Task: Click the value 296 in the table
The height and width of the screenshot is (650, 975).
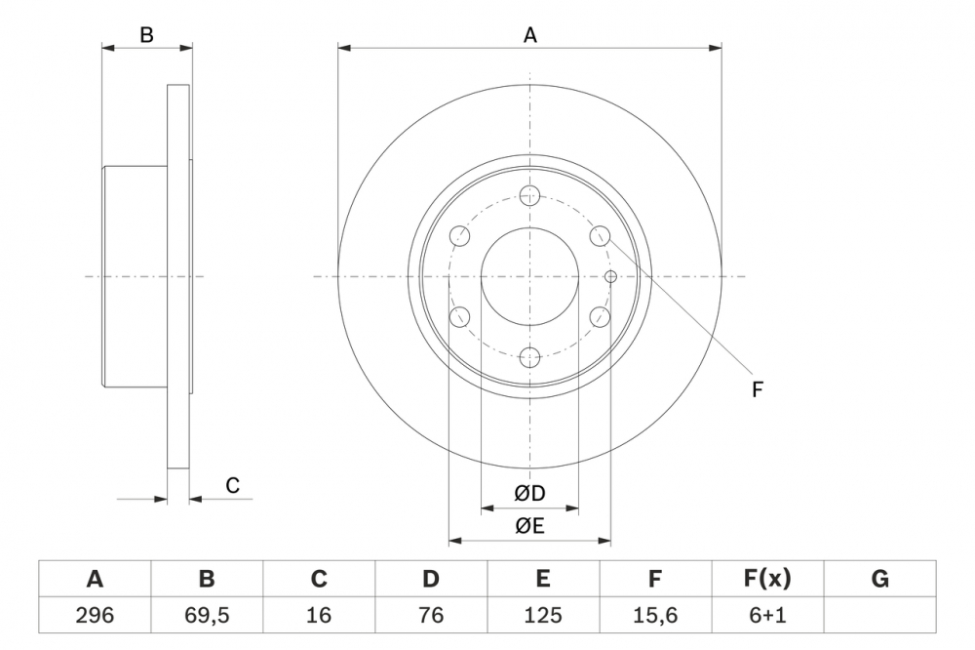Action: pyautogui.click(x=95, y=615)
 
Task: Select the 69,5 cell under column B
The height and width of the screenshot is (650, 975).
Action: pyautogui.click(x=207, y=615)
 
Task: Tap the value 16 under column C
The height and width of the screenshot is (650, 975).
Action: pyautogui.click(x=319, y=615)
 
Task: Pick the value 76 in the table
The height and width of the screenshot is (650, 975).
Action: pyautogui.click(x=431, y=615)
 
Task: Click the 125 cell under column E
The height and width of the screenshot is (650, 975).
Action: pyautogui.click(x=543, y=615)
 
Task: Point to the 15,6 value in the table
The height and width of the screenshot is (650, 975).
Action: pyautogui.click(x=655, y=615)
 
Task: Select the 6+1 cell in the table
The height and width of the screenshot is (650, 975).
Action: pyautogui.click(x=767, y=615)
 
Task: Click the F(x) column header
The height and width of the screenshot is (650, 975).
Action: pyautogui.click(x=767, y=579)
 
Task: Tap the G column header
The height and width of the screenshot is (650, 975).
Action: pyautogui.click(x=879, y=579)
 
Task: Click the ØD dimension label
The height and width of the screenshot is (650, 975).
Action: pyautogui.click(x=529, y=494)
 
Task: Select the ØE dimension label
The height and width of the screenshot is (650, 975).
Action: pyautogui.click(x=529, y=526)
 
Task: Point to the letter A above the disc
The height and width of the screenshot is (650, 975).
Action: pyautogui.click(x=530, y=35)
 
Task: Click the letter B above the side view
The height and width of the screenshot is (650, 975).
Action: pyautogui.click(x=146, y=35)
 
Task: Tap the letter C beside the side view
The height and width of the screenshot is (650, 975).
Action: pyautogui.click(x=232, y=485)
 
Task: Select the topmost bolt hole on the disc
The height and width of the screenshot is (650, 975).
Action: pyautogui.click(x=530, y=194)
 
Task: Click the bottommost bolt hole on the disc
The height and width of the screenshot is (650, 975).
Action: pyautogui.click(x=530, y=357)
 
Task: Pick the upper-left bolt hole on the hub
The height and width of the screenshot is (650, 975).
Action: pyautogui.click(x=459, y=235)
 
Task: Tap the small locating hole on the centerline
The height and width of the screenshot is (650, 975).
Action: pyautogui.click(x=610, y=276)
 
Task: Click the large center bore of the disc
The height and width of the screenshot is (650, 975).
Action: pyautogui.click(x=530, y=276)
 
